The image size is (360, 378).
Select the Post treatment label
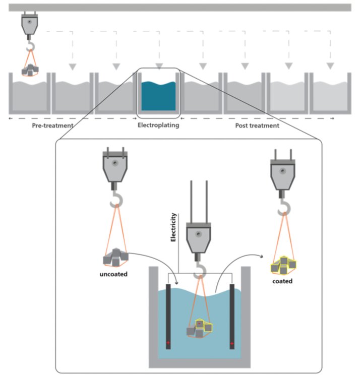(x=257, y=125)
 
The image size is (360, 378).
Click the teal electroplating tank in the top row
(x=158, y=96)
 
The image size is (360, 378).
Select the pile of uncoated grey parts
(x=115, y=258)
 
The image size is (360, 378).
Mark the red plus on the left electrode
(x=168, y=343)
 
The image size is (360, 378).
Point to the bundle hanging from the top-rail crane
(x=31, y=70)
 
